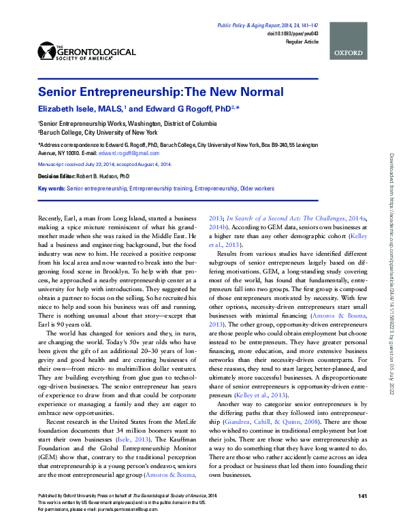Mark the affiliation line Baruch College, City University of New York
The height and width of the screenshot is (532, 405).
[x=98, y=132]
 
